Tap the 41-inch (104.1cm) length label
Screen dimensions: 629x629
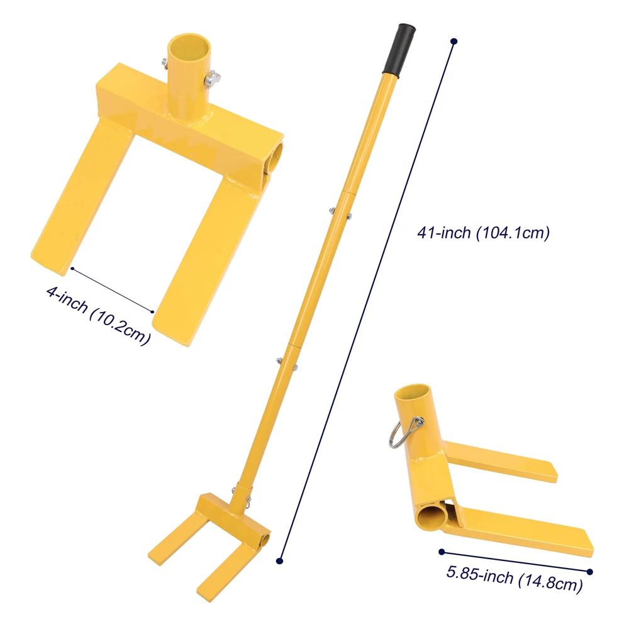[483, 233]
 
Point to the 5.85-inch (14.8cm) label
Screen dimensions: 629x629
[513, 578]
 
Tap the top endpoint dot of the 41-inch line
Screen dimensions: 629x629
[454, 42]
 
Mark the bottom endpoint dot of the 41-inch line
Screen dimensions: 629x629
[281, 560]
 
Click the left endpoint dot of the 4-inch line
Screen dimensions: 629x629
[72, 269]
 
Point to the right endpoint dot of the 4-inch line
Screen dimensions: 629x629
[153, 311]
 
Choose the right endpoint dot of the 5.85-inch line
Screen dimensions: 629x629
[590, 571]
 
